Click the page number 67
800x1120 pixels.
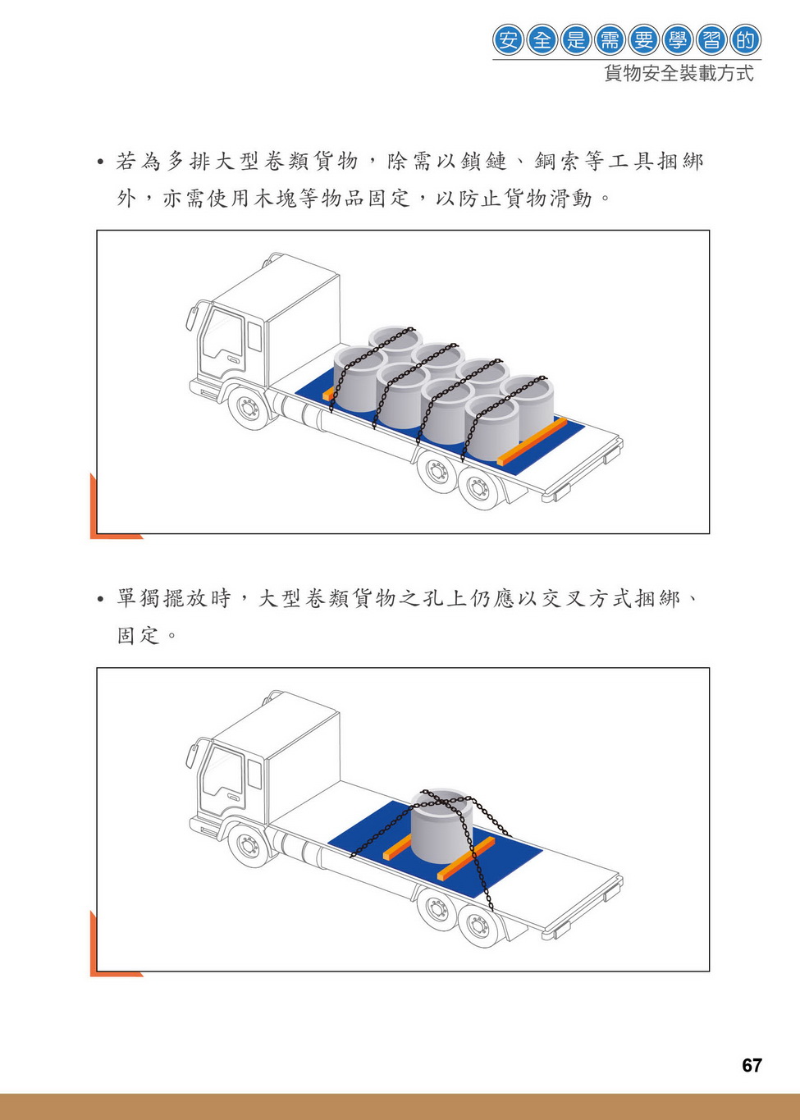752,1066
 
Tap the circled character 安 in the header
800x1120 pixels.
508,39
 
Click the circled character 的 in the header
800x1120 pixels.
745,39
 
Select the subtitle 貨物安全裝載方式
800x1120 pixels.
679,74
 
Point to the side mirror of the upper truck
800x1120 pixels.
191,318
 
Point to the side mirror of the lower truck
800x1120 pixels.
191,756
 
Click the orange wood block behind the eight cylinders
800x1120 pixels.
532,441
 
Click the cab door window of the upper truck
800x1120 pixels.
222,333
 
